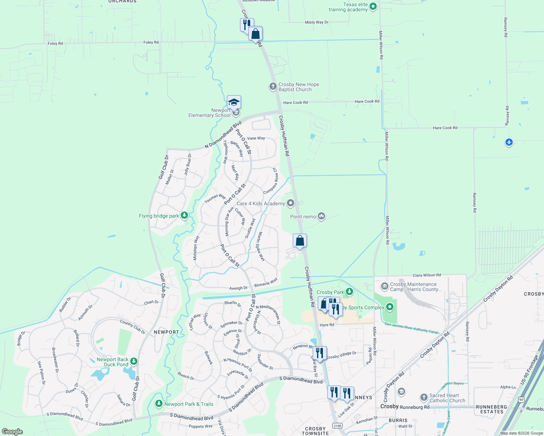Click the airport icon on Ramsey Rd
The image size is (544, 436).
pos(509,142)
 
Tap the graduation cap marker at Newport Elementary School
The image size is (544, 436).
pos(234,102)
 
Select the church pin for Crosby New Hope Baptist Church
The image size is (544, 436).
pos(273,86)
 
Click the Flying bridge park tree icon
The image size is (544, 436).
pos(184,216)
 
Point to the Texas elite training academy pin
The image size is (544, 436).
pos(373,7)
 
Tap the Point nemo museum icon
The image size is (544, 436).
pos(321,217)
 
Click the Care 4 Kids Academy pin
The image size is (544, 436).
pos(290,203)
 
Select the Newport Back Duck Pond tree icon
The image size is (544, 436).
pos(134,361)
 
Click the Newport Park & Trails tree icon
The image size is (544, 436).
pos(159,404)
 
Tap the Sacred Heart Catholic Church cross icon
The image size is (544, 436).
pos(424,397)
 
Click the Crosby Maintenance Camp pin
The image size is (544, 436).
pos(385,287)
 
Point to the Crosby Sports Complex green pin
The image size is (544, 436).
pos(390,307)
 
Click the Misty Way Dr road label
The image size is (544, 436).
pos(316,23)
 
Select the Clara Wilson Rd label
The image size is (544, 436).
pos(427,275)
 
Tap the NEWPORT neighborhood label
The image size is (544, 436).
pos(166,332)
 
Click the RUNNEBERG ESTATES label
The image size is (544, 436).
pos(492,409)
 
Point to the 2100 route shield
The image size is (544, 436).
pos(337,425)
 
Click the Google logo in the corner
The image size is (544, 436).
pos(12,431)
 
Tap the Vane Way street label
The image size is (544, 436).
pos(256,138)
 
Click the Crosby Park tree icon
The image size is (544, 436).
pos(349,291)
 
